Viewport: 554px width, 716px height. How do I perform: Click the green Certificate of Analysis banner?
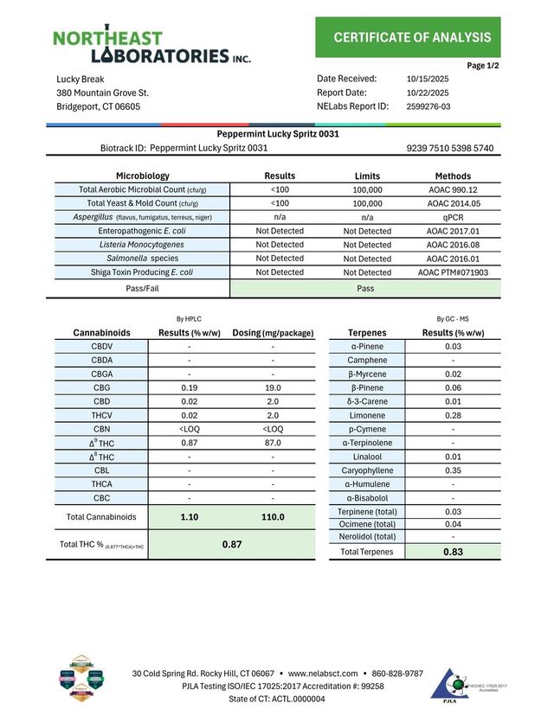(412, 37)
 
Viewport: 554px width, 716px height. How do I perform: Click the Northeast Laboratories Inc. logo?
(152, 47)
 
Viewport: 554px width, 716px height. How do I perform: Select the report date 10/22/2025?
(428, 93)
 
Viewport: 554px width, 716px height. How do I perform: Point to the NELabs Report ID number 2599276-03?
(428, 107)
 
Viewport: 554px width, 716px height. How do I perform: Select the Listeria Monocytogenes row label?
(142, 245)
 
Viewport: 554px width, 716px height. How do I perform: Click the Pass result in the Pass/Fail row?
(365, 288)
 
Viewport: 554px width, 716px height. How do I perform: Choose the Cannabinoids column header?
(101, 333)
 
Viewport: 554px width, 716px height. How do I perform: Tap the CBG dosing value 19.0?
(273, 388)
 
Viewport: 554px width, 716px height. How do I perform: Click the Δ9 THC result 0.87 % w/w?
(189, 443)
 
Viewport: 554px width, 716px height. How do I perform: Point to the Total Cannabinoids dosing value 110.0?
(273, 517)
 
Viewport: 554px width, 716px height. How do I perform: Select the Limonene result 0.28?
(453, 416)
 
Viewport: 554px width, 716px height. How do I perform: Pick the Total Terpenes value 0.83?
(453, 552)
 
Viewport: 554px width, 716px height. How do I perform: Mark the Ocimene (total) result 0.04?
(453, 524)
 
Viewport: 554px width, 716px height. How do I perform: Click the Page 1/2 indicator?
(483, 66)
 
